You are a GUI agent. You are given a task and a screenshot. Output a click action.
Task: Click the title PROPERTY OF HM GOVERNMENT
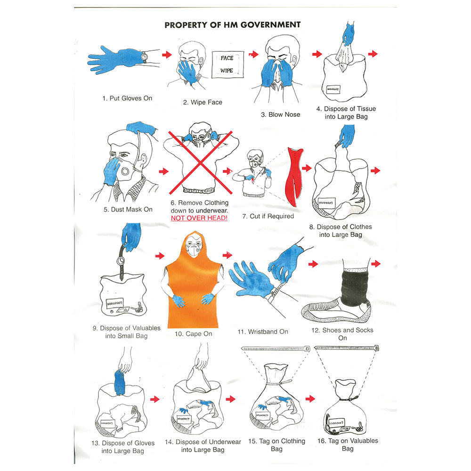(x=232, y=25)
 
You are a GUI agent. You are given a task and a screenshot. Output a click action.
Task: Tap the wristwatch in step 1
(x=144, y=57)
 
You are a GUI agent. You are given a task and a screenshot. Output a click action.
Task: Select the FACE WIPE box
(x=227, y=64)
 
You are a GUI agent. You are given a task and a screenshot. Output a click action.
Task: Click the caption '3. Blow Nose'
(x=280, y=114)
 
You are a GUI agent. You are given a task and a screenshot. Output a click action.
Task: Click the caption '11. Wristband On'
(x=262, y=332)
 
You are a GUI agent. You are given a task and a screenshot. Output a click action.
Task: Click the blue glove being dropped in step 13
(x=120, y=382)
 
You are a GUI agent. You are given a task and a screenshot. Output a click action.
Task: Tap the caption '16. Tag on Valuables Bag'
(x=347, y=445)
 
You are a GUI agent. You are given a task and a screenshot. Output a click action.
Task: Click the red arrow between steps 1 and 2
(x=166, y=55)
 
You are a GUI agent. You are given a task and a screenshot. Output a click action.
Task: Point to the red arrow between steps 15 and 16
(x=310, y=399)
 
